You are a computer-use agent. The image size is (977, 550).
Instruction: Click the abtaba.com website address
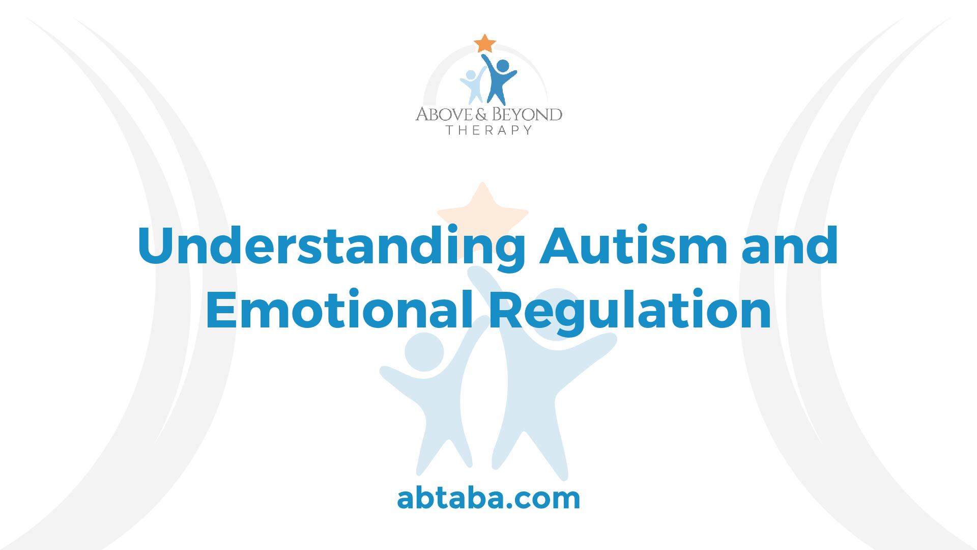coord(489,499)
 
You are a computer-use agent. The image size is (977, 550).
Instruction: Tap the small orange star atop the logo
coord(484,44)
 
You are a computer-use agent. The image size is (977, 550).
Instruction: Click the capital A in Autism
coord(560,246)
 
